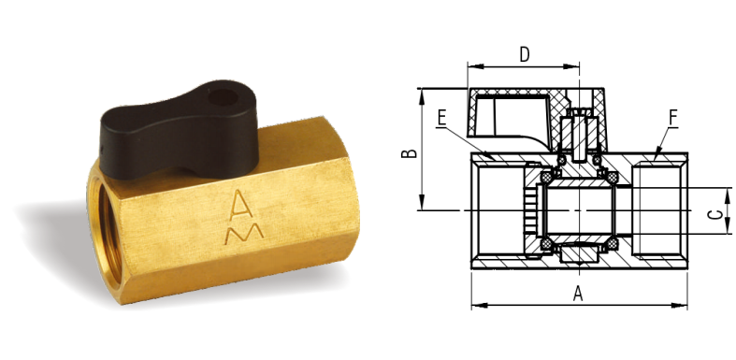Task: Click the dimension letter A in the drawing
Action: coord(578,294)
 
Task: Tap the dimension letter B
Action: coord(410,153)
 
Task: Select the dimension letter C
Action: coord(714,215)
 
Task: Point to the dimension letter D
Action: coord(525,54)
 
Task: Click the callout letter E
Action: coord(441,118)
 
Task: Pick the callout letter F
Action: coord(673,118)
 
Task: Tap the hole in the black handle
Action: coord(223,97)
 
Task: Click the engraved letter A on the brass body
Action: coord(241,205)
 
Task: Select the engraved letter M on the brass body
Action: coord(244,233)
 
